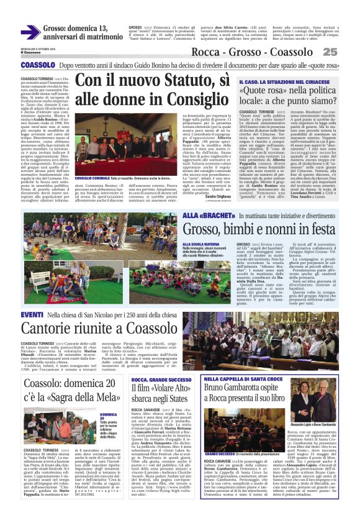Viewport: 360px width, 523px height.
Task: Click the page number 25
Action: (x=347, y=53)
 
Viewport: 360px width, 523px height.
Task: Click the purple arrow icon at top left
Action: (x=30, y=32)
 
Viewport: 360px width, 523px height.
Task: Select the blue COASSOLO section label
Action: (x=38, y=65)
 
